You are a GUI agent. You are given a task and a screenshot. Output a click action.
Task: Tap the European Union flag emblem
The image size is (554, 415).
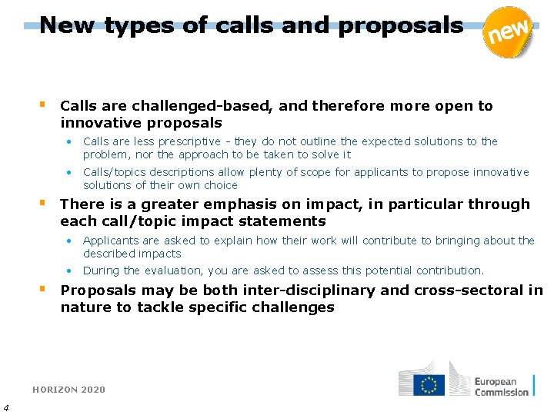tap(428, 384)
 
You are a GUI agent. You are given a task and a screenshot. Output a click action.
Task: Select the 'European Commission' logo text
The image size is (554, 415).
tap(501, 387)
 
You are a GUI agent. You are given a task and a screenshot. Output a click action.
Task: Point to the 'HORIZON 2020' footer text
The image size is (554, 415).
tap(68, 390)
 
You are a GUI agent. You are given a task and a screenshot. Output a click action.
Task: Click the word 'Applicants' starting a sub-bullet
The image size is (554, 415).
tap(110, 241)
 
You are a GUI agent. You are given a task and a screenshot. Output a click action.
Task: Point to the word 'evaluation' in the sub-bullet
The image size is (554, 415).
tap(170, 271)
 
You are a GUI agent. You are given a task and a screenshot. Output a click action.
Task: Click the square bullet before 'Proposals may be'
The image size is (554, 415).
tap(43, 289)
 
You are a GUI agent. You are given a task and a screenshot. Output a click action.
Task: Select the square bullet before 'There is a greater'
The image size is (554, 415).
tap(43, 203)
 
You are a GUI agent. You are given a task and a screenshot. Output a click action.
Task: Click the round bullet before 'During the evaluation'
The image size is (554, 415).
tap(68, 271)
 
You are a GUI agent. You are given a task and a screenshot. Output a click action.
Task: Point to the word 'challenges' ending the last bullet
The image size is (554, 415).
tap(296, 307)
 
